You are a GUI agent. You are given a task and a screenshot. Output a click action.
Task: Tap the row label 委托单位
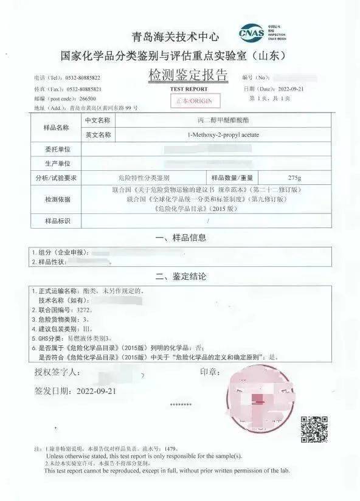click(x=57, y=149)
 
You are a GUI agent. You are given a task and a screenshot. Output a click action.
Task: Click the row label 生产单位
click(x=57, y=164)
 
